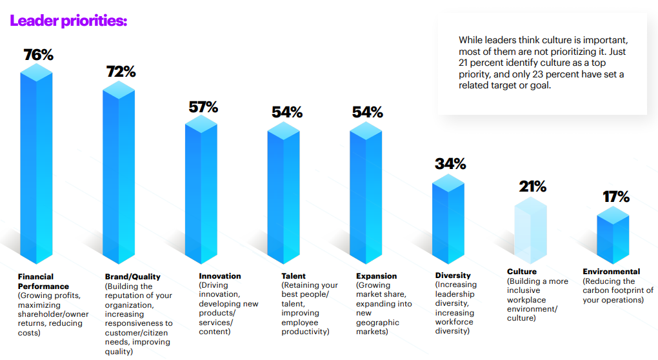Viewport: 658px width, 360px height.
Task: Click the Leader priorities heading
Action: (x=68, y=21)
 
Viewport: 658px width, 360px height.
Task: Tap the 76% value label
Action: (x=38, y=55)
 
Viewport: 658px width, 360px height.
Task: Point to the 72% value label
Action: (x=121, y=72)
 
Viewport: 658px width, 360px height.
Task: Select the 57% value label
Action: (x=203, y=107)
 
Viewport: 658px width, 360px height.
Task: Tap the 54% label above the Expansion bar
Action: (x=367, y=112)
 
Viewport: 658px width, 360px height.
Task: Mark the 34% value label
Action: (x=450, y=164)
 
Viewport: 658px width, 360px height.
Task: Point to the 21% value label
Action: (x=533, y=187)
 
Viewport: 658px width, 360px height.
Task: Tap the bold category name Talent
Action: (x=294, y=276)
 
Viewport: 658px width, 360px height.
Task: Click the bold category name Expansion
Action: (x=377, y=276)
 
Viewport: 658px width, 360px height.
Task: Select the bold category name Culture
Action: (x=522, y=272)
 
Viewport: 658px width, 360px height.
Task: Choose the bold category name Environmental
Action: (x=612, y=272)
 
